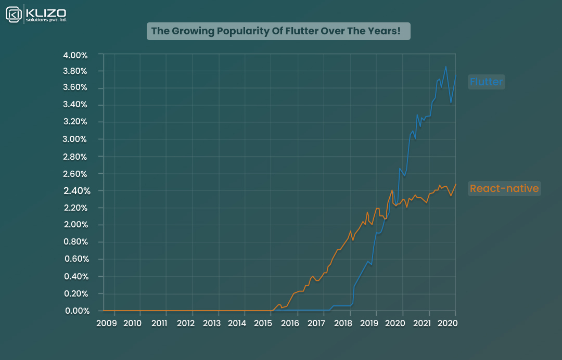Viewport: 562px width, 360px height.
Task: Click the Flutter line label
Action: coord(486,82)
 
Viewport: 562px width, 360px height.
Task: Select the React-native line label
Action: coord(504,188)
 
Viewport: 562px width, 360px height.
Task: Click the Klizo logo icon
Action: coord(14,14)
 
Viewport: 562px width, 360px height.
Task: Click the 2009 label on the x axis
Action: coord(107,323)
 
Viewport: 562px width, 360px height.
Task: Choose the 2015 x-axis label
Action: coord(264,323)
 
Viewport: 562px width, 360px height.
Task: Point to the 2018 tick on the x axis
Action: coord(343,323)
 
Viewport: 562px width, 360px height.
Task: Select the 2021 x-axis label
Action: coord(421,323)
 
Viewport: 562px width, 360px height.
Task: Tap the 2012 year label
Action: coord(185,323)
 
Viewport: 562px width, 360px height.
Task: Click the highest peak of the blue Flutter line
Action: coord(445,67)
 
